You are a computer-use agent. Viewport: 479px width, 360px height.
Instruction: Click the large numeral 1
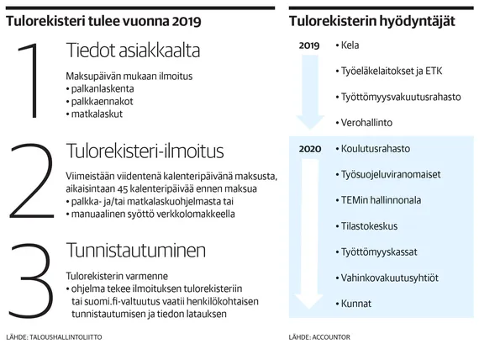32,82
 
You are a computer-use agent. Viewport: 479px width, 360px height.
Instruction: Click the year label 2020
309,150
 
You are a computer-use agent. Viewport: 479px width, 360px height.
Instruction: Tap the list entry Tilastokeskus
371,225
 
